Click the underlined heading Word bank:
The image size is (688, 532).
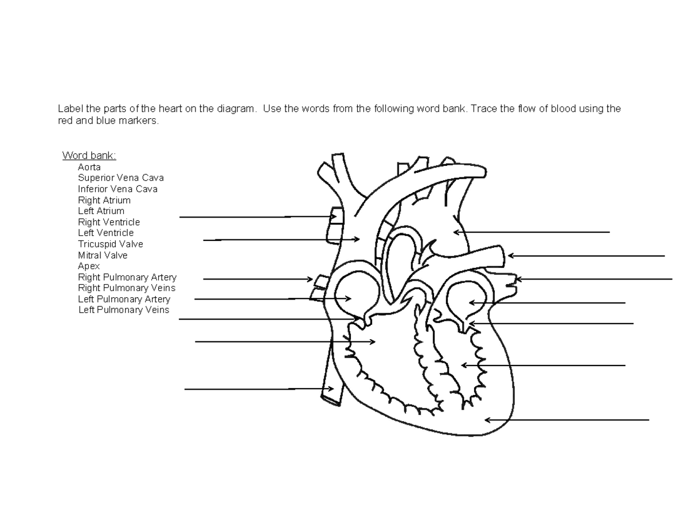(89, 156)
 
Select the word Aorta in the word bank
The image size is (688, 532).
(89, 167)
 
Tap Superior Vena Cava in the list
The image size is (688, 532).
(121, 178)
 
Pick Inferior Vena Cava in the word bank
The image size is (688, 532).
(118, 189)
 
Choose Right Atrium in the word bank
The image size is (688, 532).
(104, 200)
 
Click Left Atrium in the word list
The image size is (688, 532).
(101, 211)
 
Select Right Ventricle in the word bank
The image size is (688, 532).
(109, 222)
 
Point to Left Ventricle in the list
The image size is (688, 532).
(105, 232)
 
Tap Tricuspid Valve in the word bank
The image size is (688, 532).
(111, 244)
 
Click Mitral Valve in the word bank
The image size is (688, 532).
(103, 255)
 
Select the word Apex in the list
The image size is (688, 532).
(89, 266)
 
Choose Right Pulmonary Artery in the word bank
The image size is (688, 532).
(127, 277)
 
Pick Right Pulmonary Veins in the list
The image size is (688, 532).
(127, 288)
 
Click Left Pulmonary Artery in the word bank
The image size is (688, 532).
(124, 299)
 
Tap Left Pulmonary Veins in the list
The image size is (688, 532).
(124, 310)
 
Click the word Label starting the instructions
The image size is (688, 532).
(69, 108)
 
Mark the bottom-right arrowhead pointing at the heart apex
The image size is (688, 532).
(487, 420)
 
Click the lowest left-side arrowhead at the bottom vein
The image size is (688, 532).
(332, 389)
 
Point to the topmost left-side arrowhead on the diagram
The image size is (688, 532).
(334, 217)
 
